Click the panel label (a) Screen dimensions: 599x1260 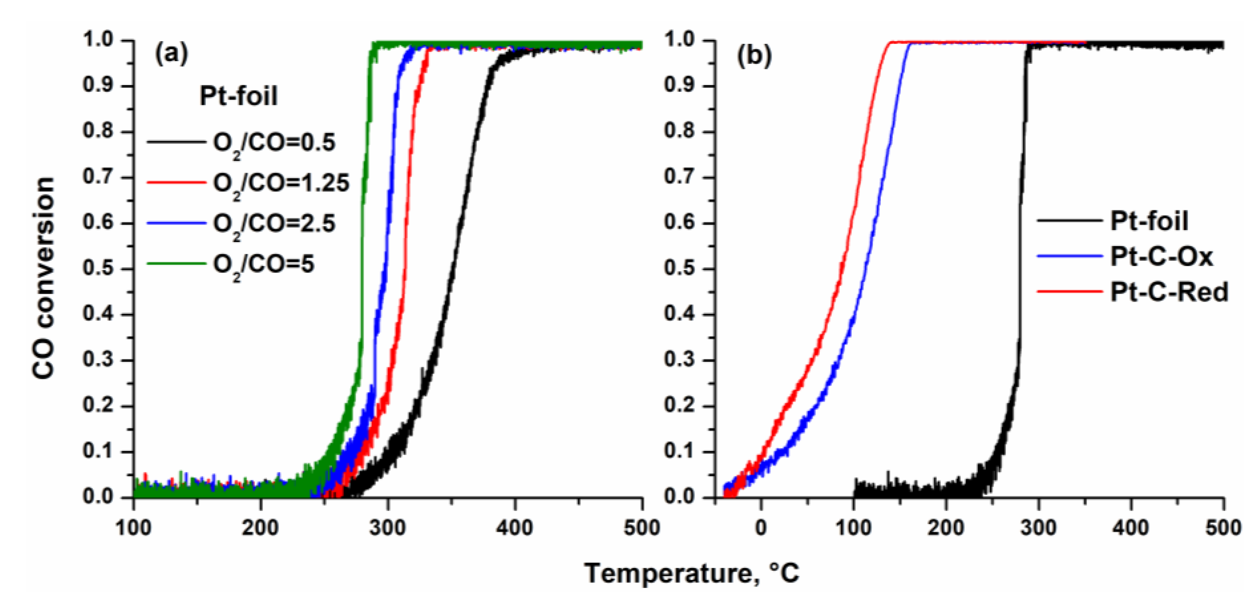coord(171,54)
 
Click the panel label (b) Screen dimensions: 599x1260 coord(754,56)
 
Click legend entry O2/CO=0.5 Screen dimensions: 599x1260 coord(274,143)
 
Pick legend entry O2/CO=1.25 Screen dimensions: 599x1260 coord(281,184)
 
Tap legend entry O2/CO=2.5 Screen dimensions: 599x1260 coord(274,224)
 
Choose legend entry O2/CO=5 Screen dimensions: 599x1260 coord(263,265)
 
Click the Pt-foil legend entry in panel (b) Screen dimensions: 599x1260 coord(1149,221)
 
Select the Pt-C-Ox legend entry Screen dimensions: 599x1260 coord(1161,256)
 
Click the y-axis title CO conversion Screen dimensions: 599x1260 coord(43,278)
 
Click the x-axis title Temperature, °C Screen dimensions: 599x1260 coord(691,572)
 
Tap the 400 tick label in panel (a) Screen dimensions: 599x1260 coord(515,528)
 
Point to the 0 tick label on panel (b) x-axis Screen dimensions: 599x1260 coord(761,528)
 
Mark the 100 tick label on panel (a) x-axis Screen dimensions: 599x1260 coord(134,528)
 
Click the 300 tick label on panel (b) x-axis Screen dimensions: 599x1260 coord(1038,528)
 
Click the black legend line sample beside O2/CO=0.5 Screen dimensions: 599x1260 coord(176,143)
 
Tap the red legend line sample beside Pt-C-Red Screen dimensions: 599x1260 coord(1070,292)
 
